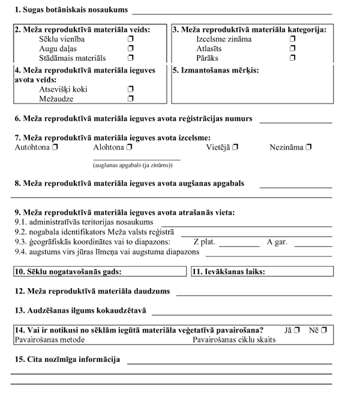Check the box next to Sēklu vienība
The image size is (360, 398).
130,39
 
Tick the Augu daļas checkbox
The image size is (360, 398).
130,49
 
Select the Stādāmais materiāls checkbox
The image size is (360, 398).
130,58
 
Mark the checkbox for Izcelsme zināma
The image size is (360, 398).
293,39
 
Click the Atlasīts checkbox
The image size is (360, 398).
293,49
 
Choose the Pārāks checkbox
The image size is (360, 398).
293,58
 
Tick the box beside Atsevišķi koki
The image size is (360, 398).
130,89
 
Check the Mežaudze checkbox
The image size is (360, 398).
130,98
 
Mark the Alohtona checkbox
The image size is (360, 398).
129,147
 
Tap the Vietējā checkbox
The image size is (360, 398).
235,147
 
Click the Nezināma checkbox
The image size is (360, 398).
308,147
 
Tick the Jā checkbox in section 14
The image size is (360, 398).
297,330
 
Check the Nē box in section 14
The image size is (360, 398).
324,330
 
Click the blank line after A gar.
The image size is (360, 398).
313,246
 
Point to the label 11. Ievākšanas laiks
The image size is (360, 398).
229,271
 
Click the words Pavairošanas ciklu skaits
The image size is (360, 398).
234,340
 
